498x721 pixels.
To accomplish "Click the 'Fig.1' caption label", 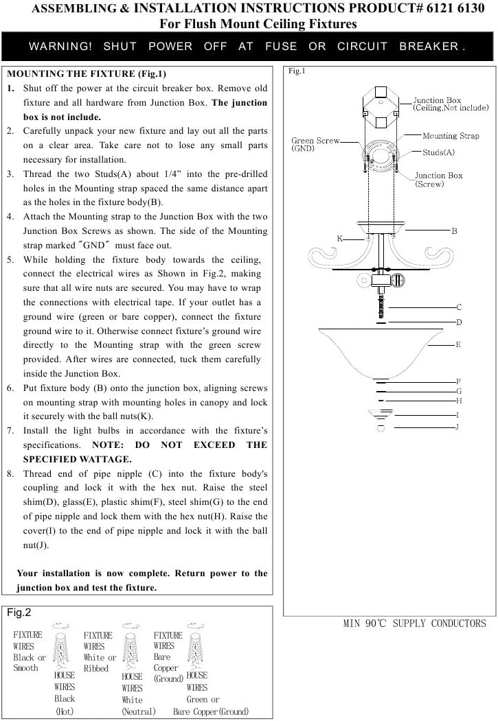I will click(x=296, y=71).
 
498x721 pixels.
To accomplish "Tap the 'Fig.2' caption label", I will click(x=19, y=613).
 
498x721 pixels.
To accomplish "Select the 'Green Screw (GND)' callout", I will click(x=315, y=144).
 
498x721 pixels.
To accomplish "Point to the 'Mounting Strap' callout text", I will click(x=451, y=136).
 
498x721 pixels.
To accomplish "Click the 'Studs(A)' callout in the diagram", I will click(x=438, y=152).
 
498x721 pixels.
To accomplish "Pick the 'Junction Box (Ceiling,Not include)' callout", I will click(x=451, y=104).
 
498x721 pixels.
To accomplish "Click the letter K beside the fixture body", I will click(x=339, y=237).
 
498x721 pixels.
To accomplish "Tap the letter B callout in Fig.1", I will click(x=454, y=231).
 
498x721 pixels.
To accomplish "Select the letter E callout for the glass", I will click(x=458, y=344).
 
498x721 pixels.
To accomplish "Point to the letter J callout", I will click(x=457, y=427).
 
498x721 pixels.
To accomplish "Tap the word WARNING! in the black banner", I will click(x=60, y=47).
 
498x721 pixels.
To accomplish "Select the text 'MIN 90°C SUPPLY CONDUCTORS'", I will click(x=414, y=624).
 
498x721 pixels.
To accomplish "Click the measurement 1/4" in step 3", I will click(x=188, y=173).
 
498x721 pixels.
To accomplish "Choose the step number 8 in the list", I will click(x=11, y=474).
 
